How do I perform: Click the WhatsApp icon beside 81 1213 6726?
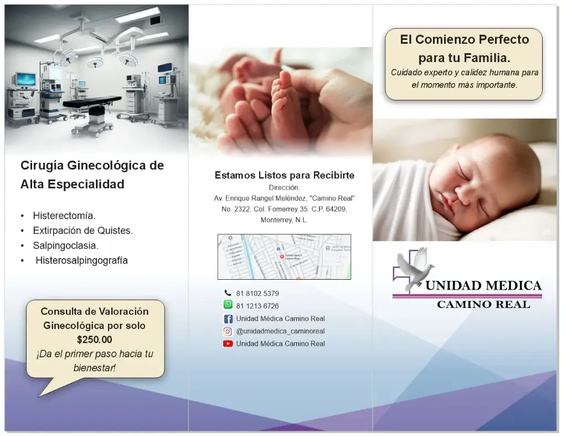click(x=228, y=305)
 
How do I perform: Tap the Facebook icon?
click(x=228, y=319)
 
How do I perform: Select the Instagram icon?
click(x=228, y=331)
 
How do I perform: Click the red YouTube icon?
click(x=228, y=343)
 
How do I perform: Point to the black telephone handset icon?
click(x=228, y=293)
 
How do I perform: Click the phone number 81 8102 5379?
click(x=257, y=293)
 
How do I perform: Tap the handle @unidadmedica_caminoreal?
click(x=280, y=331)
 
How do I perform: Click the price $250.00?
click(x=94, y=340)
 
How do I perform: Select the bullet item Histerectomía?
click(x=64, y=215)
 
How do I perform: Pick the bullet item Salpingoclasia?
click(x=65, y=245)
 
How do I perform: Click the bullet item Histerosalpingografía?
click(x=81, y=260)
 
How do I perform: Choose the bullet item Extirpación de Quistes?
click(x=83, y=230)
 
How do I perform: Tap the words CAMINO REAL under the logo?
click(x=483, y=305)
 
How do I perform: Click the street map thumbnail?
click(x=284, y=257)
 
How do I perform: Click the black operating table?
click(x=92, y=101)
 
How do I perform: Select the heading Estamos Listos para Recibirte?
click(x=284, y=176)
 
